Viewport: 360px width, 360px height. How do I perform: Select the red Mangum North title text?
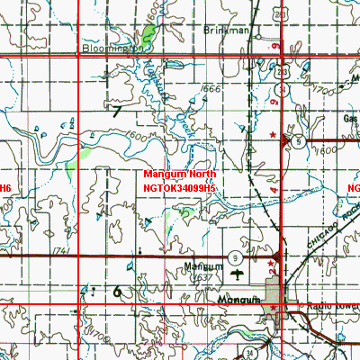click(x=180, y=173)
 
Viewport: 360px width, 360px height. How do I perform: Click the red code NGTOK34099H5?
click(x=180, y=187)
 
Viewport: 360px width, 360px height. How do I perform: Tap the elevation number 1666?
click(x=211, y=90)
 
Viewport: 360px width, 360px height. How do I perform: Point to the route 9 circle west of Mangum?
click(x=233, y=255)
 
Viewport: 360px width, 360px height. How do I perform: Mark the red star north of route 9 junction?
click(x=274, y=134)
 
